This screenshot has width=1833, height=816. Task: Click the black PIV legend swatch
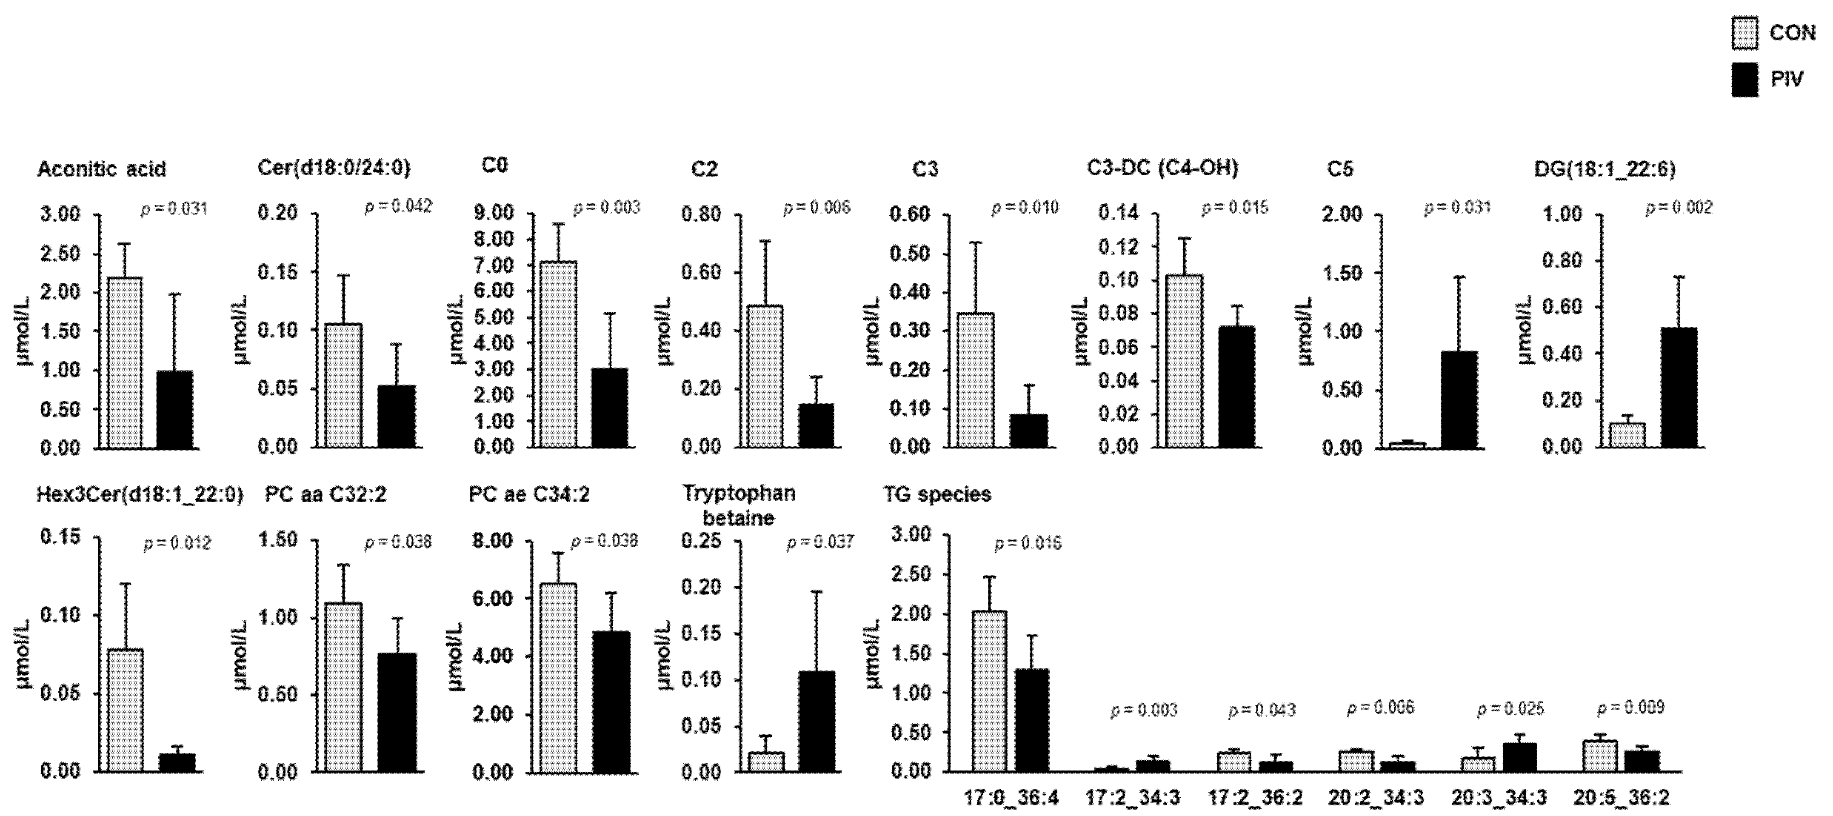(1744, 79)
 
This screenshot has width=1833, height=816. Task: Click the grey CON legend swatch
(1744, 34)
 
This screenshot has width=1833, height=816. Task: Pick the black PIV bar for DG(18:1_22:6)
(1679, 387)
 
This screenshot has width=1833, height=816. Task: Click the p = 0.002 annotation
(1679, 208)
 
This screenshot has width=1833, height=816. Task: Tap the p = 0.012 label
(177, 544)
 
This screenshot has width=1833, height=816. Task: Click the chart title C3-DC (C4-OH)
(1163, 168)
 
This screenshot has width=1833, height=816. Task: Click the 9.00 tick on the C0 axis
(498, 214)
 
